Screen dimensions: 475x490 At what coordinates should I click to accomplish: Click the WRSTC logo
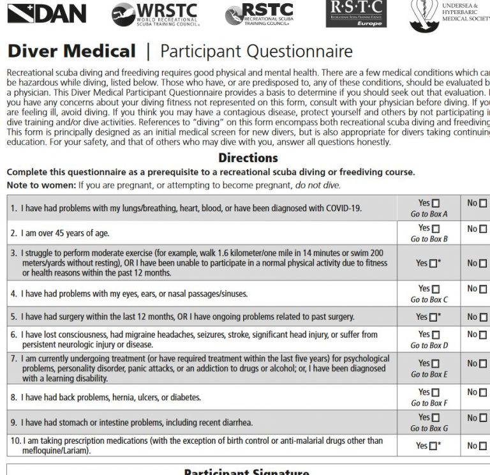pyautogui.click(x=155, y=15)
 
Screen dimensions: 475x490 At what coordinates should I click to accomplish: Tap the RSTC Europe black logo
pyautogui.click(x=356, y=13)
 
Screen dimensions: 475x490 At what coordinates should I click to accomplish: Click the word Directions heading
pyautogui.click(x=248, y=158)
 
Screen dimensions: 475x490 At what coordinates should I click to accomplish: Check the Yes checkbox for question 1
pyautogui.click(x=436, y=203)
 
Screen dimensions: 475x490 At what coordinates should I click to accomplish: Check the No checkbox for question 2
pyautogui.click(x=483, y=229)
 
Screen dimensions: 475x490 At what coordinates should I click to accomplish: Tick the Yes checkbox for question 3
pyautogui.click(x=433, y=263)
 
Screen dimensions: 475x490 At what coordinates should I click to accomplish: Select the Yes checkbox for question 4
pyautogui.click(x=436, y=289)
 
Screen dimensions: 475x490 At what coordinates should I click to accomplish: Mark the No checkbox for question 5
pyautogui.click(x=483, y=317)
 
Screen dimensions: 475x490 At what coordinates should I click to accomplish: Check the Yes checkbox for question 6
pyautogui.click(x=436, y=335)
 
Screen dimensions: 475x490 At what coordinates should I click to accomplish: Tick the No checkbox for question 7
pyautogui.click(x=483, y=363)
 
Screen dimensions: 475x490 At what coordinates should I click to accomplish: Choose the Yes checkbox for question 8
pyautogui.click(x=436, y=393)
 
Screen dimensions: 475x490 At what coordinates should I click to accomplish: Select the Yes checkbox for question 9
pyautogui.click(x=436, y=418)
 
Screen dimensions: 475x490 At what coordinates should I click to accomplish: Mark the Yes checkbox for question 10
pyautogui.click(x=433, y=446)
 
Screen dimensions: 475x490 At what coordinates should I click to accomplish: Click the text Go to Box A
pyautogui.click(x=429, y=214)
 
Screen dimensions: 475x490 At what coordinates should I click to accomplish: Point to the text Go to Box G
pyautogui.click(x=429, y=428)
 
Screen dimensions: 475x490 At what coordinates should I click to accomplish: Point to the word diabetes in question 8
pyautogui.click(x=184, y=397)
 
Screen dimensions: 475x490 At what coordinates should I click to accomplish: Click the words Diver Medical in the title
pyautogui.click(x=71, y=51)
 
